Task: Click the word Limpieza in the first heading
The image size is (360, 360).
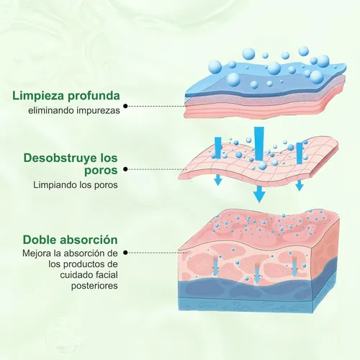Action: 38,96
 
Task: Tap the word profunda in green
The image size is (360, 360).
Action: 94,96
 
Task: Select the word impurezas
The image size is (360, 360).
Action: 98,111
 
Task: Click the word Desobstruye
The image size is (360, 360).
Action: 60,158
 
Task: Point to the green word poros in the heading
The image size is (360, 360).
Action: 101,171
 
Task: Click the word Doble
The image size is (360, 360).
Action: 40,240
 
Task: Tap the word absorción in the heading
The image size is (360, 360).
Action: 89,240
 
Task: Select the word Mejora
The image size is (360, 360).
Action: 35,253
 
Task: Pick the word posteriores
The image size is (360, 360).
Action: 94,286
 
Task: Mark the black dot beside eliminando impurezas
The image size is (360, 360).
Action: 125,106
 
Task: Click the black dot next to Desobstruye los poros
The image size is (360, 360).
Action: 125,169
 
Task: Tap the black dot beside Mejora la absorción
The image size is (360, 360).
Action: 125,253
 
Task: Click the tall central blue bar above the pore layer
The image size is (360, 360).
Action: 259,143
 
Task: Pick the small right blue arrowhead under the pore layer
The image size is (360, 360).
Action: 300,186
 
